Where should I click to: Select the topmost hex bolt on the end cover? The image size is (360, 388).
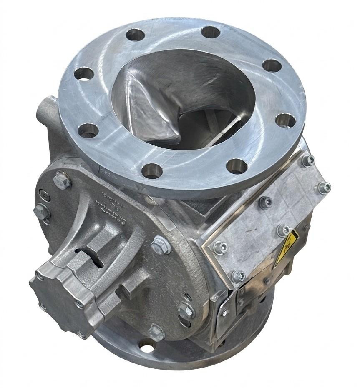[61, 180]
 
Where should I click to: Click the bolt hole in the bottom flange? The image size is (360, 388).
[146, 345]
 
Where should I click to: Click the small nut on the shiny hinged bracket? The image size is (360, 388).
[225, 312]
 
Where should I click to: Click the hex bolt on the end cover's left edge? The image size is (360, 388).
[41, 211]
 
